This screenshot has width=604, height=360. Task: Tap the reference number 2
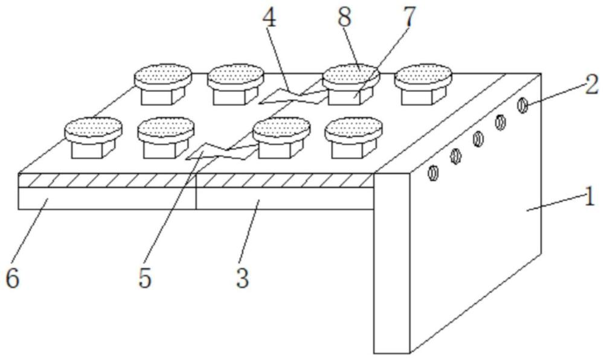pos(592,85)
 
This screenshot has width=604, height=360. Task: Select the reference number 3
pos(243,278)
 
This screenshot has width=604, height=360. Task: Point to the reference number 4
pos(269,18)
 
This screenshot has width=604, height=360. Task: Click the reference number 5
pos(145,278)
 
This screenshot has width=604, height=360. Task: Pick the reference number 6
pos(12,278)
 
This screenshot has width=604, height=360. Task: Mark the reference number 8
pos(345,17)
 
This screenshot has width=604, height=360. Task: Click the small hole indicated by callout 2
pos(522,106)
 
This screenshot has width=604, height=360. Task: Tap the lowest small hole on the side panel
pos(433,173)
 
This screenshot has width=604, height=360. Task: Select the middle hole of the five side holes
pos(478,139)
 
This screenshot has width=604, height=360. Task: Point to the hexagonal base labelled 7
pos(350,95)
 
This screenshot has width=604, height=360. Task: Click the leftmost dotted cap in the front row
pos(94,128)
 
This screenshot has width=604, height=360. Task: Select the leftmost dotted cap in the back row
pos(163,75)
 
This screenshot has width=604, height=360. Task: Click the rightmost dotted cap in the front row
pos(353,128)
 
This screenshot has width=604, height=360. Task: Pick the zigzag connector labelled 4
pos(293,96)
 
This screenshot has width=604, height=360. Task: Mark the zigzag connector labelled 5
pos(221,152)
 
